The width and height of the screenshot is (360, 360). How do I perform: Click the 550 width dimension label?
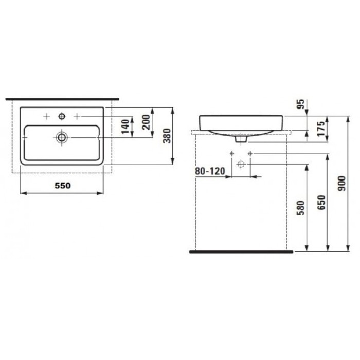[60, 185]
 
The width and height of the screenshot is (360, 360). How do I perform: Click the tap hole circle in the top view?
[62, 116]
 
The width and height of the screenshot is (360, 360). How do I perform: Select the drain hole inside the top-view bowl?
[62, 137]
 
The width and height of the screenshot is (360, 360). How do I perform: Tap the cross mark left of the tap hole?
[46, 116]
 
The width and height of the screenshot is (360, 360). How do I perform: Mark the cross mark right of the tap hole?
[78, 116]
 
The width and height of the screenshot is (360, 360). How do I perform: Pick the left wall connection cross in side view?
[232, 154]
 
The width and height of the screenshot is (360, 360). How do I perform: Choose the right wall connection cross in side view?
[250, 154]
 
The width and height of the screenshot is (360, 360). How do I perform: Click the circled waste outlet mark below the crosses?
[241, 164]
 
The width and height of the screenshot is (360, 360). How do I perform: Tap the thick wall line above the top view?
[62, 97]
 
